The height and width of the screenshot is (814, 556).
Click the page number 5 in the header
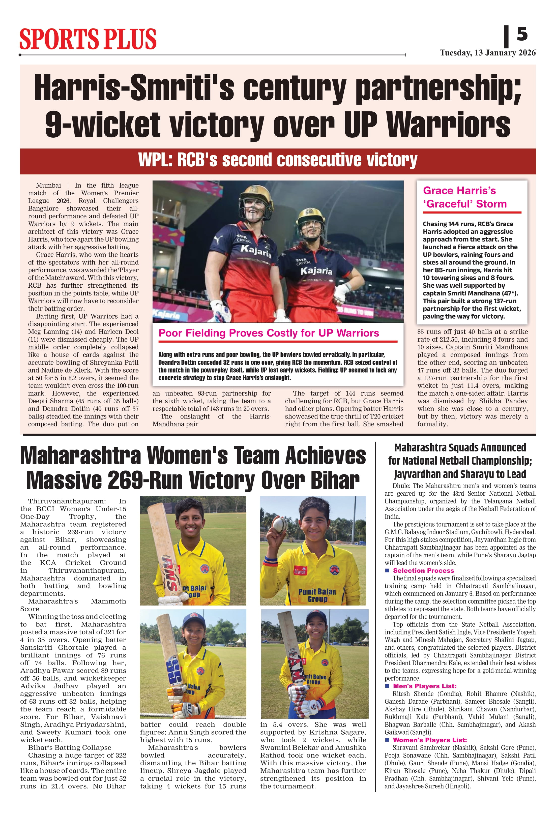(522, 34)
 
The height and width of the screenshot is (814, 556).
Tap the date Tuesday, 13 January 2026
(488, 53)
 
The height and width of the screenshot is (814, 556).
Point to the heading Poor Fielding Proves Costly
(269, 333)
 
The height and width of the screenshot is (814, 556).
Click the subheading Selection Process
(423, 570)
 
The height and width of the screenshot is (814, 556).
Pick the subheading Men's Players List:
(425, 686)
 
